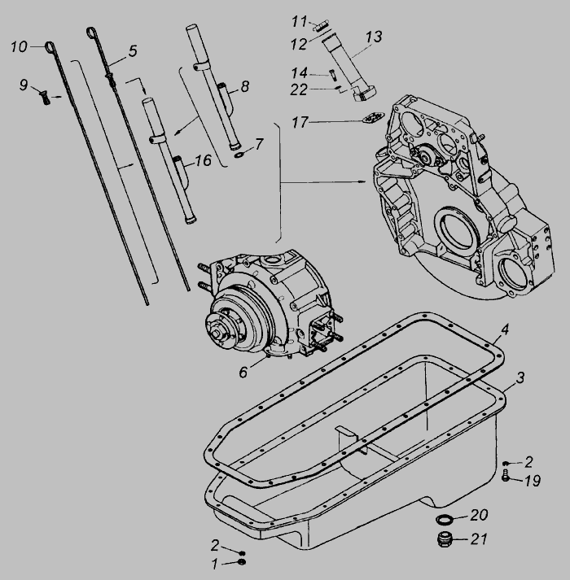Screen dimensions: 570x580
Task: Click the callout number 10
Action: point(19,47)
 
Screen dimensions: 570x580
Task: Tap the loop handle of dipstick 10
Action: point(50,47)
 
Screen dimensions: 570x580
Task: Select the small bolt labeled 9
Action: point(44,98)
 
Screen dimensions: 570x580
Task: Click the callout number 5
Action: point(133,51)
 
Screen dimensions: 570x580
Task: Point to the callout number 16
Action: point(203,160)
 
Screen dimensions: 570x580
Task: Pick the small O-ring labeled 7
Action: point(239,155)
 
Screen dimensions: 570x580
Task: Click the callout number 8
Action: point(245,86)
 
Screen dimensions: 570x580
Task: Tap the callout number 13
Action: point(373,37)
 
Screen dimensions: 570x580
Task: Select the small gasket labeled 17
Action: point(373,119)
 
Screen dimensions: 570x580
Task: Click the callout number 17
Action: point(300,123)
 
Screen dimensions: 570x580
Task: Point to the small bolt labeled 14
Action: point(332,75)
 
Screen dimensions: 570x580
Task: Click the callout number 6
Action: point(243,372)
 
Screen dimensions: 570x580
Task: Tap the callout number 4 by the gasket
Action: point(504,329)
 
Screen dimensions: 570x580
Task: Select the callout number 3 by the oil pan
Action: point(520,378)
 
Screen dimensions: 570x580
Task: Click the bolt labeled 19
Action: point(506,475)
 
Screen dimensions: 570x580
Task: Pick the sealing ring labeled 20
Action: point(445,519)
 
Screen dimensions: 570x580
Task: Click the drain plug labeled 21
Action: point(445,539)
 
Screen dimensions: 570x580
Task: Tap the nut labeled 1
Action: point(242,563)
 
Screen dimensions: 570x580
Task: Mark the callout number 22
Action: point(299,89)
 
